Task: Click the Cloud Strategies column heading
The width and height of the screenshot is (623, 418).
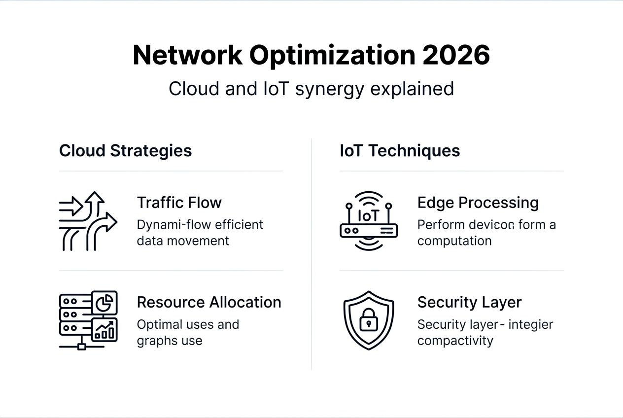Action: click(125, 150)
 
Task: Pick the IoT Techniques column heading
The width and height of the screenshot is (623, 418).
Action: click(400, 150)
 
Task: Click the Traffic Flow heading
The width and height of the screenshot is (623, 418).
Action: click(179, 203)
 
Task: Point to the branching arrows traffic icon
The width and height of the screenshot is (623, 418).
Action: click(88, 221)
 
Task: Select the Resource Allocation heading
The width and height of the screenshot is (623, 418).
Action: click(209, 302)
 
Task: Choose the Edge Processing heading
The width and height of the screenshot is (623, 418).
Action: click(478, 203)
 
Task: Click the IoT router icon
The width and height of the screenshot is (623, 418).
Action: click(369, 221)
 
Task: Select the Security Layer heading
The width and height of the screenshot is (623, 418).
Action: click(469, 302)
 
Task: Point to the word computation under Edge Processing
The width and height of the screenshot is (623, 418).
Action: click(454, 241)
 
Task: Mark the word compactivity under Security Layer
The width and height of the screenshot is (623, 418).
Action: click(455, 341)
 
